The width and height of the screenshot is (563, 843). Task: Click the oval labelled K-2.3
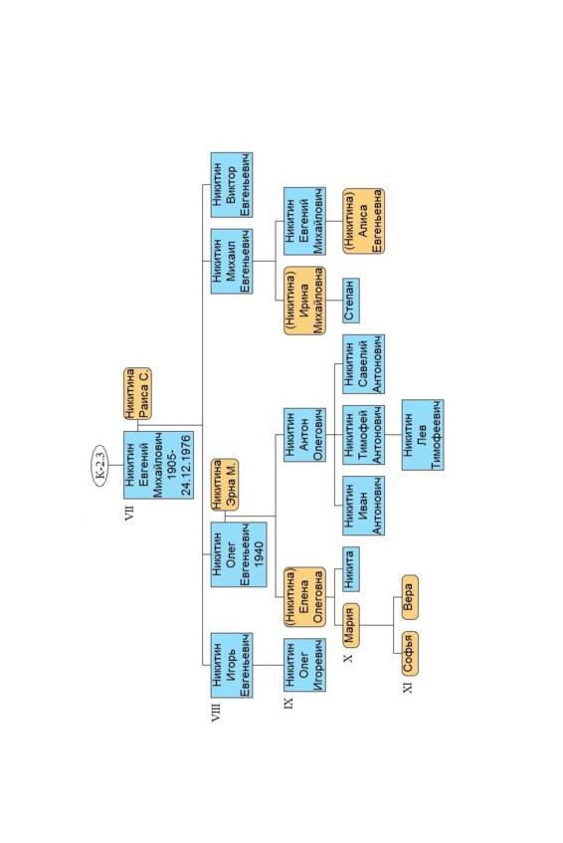click(99, 465)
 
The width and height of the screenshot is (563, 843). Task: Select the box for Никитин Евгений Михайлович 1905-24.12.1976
click(158, 465)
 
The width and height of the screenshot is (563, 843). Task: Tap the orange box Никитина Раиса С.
click(137, 393)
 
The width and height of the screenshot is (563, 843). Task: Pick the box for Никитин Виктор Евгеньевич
click(232, 184)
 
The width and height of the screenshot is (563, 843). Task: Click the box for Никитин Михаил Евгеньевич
click(232, 261)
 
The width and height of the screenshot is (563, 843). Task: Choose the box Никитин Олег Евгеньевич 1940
click(239, 554)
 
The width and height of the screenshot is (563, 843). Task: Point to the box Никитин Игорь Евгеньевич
click(232, 665)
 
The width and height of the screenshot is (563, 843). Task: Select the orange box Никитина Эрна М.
click(225, 485)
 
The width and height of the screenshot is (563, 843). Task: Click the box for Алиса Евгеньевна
click(363, 221)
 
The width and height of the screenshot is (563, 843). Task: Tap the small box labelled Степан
click(351, 300)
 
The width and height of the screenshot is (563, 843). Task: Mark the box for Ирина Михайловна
click(304, 300)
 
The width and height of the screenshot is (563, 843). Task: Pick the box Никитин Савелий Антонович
click(363, 364)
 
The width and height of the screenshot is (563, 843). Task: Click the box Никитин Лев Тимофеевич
click(422, 434)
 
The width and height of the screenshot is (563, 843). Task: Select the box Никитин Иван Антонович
click(363, 506)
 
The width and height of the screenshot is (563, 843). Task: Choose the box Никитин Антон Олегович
click(304, 434)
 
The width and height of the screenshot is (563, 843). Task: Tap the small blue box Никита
click(351, 569)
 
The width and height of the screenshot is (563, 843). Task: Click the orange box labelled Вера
click(410, 597)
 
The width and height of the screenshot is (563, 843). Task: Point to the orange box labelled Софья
click(410, 653)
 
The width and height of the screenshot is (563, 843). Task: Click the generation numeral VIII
click(216, 711)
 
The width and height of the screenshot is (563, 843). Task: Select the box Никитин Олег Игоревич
click(304, 665)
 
